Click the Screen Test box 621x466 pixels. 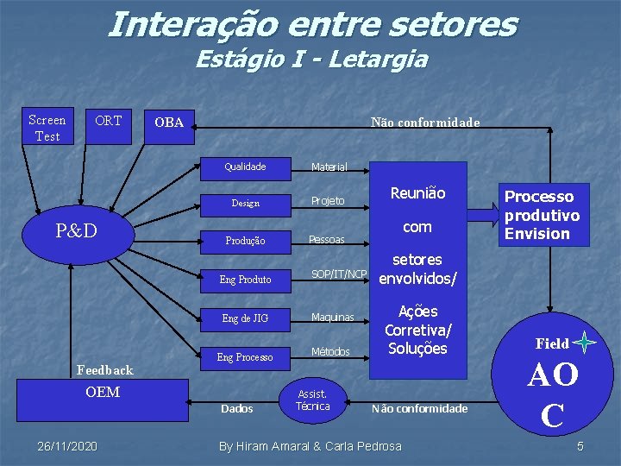[x=47, y=128]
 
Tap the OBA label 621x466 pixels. [x=169, y=123]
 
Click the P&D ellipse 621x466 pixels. [x=76, y=231]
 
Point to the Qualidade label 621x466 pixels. [x=245, y=167]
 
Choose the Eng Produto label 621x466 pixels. [x=245, y=280]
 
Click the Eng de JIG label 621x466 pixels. [x=245, y=318]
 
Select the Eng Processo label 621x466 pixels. [x=245, y=357]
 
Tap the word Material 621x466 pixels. [x=329, y=167]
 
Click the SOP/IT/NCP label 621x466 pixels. [x=339, y=274]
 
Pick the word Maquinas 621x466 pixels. [x=333, y=318]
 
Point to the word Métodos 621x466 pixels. [x=330, y=351]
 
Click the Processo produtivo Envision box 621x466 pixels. [x=542, y=215]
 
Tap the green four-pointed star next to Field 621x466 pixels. [x=585, y=343]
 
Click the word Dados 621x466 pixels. [x=237, y=408]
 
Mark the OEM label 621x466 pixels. [x=103, y=393]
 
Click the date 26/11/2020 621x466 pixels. [x=67, y=446]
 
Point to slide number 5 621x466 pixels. [x=580, y=446]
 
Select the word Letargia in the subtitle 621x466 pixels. [x=389, y=60]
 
